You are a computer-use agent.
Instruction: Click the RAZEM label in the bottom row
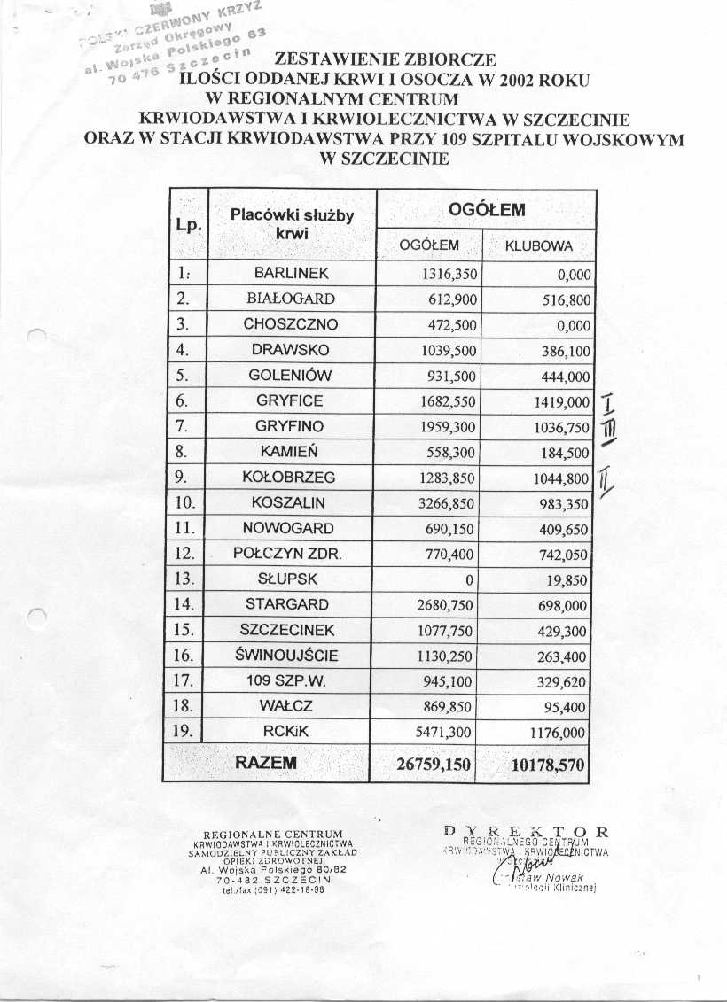265,762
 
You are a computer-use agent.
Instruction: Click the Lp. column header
187,225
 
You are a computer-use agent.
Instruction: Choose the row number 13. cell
185,579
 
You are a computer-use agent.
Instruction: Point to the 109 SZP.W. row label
291,682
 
